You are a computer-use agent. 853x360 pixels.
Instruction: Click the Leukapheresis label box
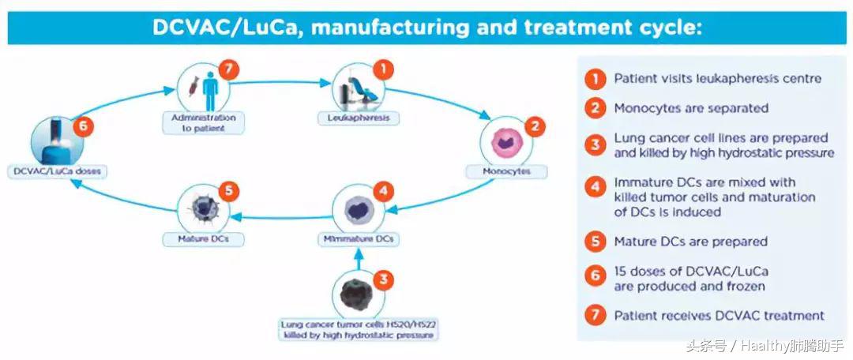[x=359, y=118]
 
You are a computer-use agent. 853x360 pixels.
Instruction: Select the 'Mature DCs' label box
[x=204, y=238]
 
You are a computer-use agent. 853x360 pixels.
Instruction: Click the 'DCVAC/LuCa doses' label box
[x=57, y=171]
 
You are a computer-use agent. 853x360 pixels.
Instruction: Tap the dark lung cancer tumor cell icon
[x=357, y=294]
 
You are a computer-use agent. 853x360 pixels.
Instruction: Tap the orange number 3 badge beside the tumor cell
[x=381, y=279]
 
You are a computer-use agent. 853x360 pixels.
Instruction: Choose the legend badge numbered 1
[x=594, y=79]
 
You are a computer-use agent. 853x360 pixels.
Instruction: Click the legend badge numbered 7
[x=594, y=316]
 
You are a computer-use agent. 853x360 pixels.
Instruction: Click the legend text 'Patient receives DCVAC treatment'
[x=719, y=316]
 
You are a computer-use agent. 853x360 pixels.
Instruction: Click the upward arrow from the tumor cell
[x=358, y=257]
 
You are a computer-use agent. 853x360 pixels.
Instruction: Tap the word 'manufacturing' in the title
[x=395, y=28]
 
